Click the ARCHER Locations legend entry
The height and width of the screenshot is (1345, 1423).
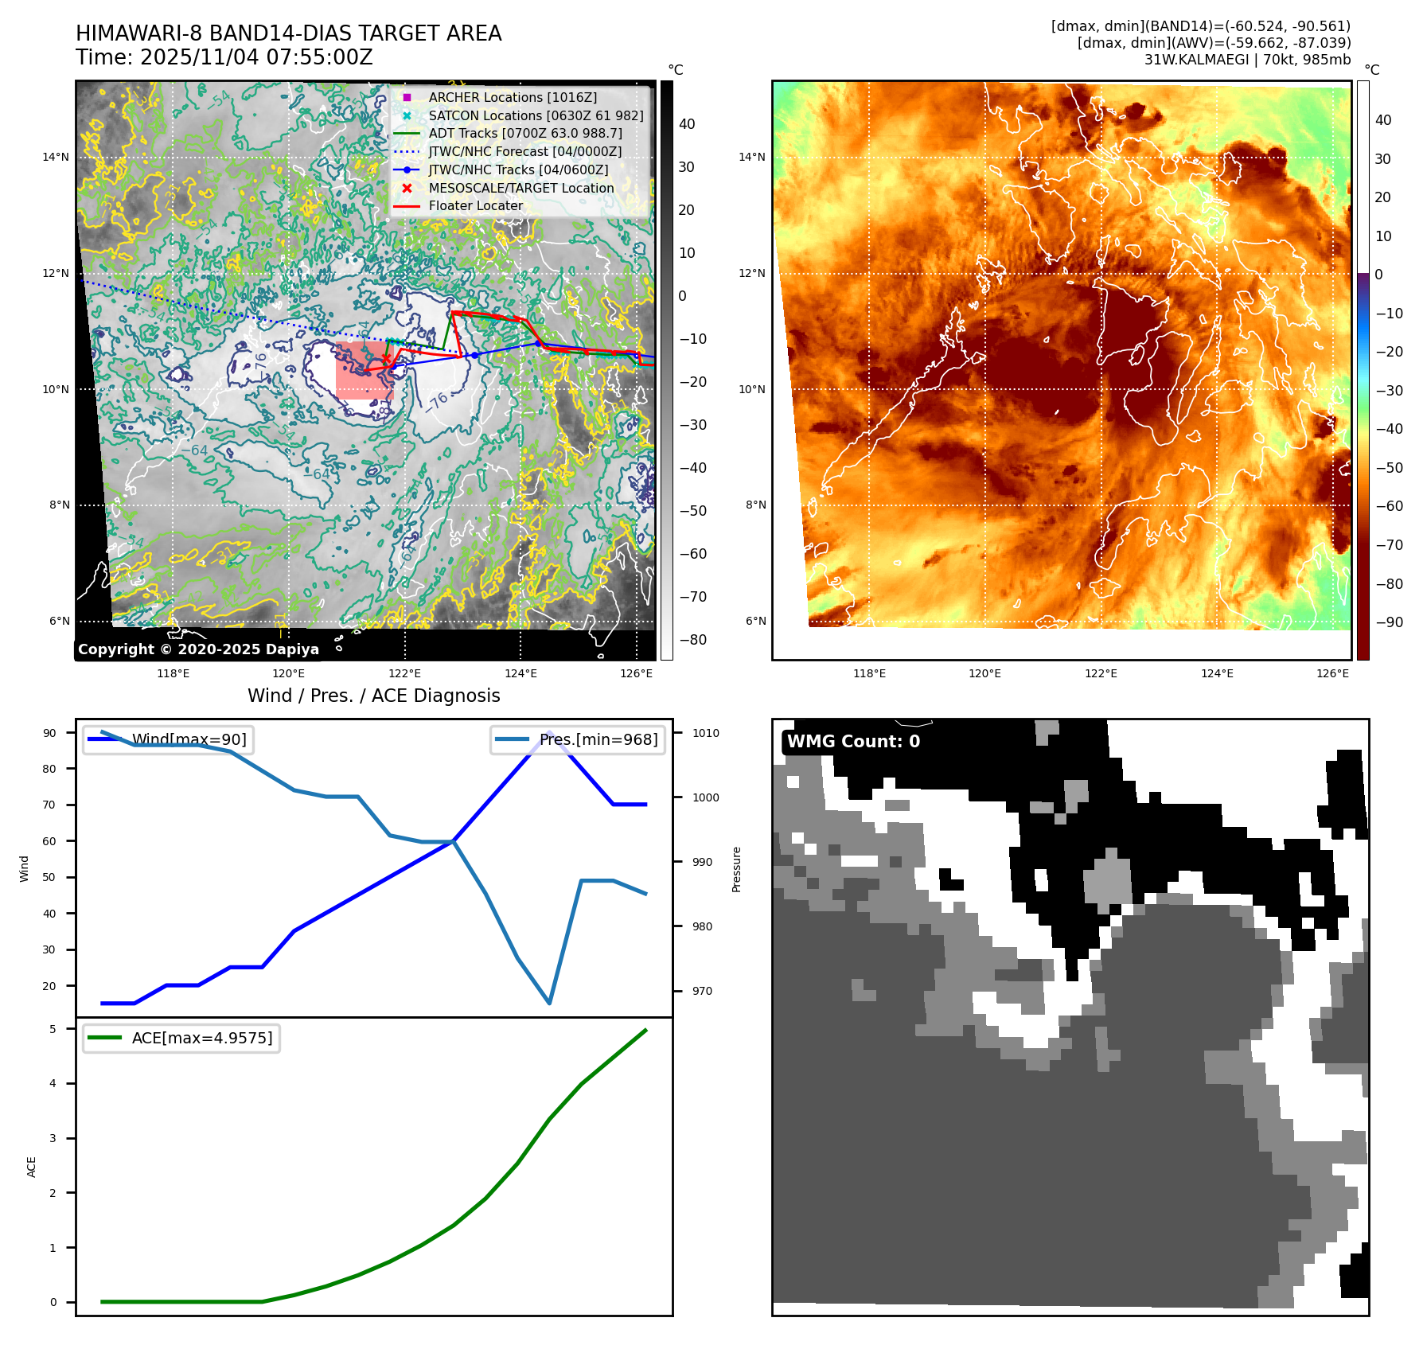[x=512, y=97]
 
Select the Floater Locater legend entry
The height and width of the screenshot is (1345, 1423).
[x=475, y=205]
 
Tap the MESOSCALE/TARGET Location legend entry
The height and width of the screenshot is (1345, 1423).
[x=520, y=188]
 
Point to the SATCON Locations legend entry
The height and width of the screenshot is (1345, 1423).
[x=535, y=115]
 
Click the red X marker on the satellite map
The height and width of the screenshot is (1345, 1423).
[x=386, y=359]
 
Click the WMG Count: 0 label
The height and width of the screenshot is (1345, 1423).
[x=853, y=741]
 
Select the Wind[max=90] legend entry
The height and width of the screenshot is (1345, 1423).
[x=189, y=739]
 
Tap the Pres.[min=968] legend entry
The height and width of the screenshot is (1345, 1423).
[x=598, y=739]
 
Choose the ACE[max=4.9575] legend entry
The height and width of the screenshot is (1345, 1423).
[x=201, y=1038]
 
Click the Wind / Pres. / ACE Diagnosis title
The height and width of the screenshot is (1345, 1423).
[x=374, y=696]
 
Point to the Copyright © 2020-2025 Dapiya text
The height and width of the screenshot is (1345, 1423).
[x=198, y=649]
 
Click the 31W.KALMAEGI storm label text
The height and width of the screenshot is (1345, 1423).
[x=1247, y=60]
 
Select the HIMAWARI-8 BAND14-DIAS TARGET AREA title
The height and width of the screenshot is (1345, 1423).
[x=289, y=33]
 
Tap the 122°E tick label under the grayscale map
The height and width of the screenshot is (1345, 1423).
[x=404, y=673]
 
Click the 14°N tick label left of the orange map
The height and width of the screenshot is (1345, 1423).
[x=751, y=157]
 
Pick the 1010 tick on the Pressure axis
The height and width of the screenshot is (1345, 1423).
[x=705, y=733]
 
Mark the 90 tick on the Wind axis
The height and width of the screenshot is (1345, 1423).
[x=49, y=733]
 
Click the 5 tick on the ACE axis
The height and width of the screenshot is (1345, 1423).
[x=53, y=1029]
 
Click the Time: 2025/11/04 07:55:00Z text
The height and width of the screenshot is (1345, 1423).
[x=224, y=57]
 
